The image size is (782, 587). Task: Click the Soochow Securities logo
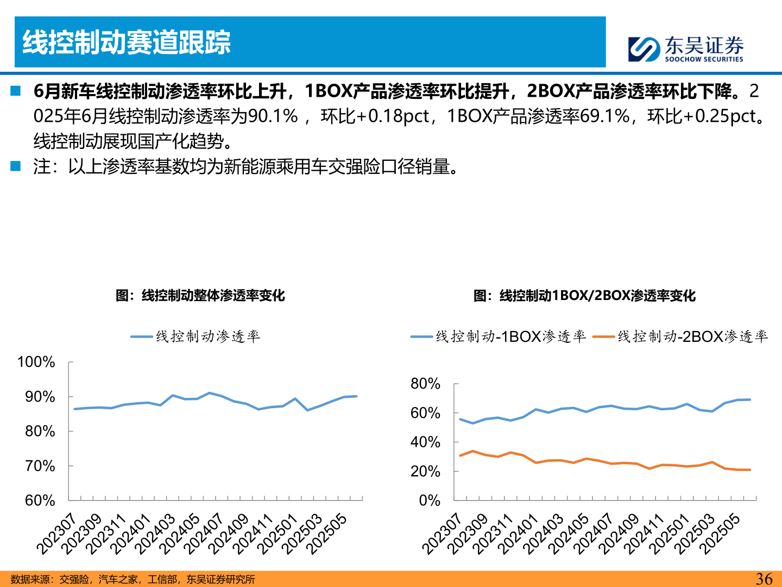click(x=685, y=49)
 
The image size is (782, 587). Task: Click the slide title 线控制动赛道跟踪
click(x=127, y=42)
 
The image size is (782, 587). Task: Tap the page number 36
click(x=764, y=579)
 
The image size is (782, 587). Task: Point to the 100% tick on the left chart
click(x=36, y=362)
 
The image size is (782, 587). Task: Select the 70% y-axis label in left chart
click(x=40, y=466)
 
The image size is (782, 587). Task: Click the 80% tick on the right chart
click(x=425, y=384)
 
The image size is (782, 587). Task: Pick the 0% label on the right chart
click(x=430, y=501)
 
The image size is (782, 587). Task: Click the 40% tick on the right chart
click(x=425, y=442)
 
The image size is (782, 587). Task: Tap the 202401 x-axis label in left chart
click(x=130, y=534)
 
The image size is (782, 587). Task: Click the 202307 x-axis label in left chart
click(x=56, y=534)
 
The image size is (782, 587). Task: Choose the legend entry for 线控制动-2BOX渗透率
click(x=680, y=337)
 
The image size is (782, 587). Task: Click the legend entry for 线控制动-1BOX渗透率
click(x=499, y=337)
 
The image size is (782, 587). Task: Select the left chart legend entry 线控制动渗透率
click(x=195, y=337)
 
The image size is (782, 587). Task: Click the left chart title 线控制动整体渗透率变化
click(x=200, y=295)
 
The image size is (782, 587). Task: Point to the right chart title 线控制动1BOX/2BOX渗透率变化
click(x=584, y=295)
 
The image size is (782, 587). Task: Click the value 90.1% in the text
click(x=273, y=116)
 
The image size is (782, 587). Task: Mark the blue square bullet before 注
click(x=15, y=166)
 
